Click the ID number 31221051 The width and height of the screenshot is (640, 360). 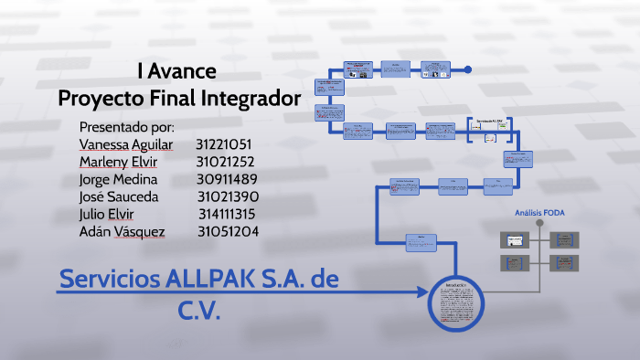pos(223,144)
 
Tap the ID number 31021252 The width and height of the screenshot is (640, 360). pos(225,162)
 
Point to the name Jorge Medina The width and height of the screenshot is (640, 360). pos(118,179)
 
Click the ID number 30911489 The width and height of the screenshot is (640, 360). pos(227,179)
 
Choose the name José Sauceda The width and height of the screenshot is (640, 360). pos(119,196)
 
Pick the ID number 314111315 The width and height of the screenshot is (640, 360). pos(227,214)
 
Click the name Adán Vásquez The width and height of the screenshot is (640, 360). pos(123,232)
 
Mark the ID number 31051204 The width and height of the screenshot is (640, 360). pos(228,232)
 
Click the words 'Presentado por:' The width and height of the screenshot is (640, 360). pos(127,126)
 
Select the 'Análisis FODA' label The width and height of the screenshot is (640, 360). pos(540,214)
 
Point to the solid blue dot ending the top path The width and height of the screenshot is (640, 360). pos(467,69)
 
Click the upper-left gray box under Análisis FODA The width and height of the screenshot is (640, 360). pos(516,240)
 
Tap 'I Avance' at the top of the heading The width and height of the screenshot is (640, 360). pos(176,70)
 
